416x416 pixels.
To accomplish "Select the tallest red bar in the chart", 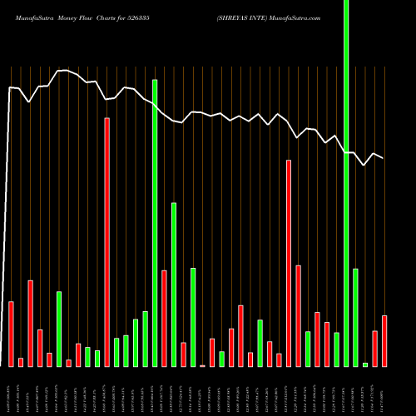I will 107,241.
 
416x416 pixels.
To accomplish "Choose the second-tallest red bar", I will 289,263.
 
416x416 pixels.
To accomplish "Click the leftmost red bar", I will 12,334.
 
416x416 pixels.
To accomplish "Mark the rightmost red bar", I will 384,341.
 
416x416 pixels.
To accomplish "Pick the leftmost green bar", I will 59,329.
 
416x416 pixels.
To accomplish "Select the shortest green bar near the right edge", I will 365,364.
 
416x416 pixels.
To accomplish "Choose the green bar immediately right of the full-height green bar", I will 355,317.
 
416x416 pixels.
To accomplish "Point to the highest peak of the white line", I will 62,71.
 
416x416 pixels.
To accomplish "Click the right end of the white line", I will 384,158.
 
